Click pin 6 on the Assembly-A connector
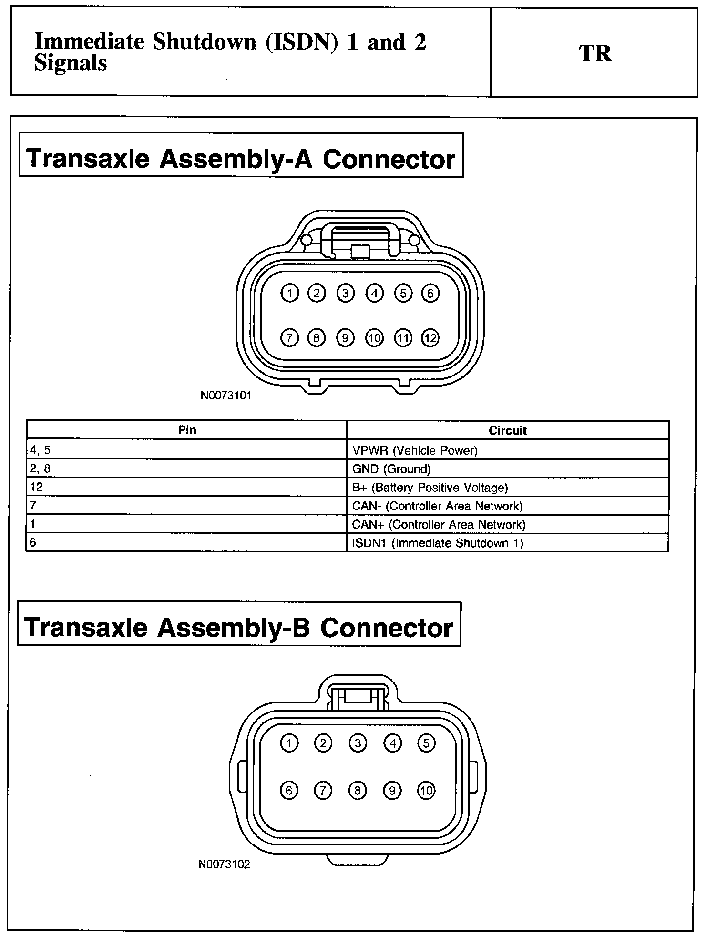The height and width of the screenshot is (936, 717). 430,293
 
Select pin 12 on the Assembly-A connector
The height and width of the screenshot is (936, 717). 430,338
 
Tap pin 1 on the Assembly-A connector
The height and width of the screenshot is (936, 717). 289,293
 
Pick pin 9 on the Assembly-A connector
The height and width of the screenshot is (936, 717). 345,338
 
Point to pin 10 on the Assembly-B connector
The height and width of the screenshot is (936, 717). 426,791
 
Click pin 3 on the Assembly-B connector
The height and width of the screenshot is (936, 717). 358,743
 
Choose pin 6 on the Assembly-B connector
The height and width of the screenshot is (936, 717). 289,791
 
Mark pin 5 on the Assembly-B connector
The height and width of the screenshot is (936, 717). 426,743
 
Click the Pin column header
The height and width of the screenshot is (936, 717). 187,430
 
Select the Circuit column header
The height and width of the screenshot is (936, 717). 508,430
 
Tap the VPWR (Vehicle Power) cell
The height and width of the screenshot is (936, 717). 414,450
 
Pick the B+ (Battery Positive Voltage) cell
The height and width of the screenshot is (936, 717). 430,488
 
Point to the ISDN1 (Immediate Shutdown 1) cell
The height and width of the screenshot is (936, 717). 437,543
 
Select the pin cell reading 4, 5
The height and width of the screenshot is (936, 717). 40,450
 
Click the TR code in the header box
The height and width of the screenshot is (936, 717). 595,53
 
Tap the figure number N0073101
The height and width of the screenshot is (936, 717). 225,395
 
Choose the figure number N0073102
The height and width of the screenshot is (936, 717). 224,864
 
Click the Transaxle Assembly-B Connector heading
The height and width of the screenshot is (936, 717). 238,628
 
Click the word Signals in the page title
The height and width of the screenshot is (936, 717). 71,63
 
